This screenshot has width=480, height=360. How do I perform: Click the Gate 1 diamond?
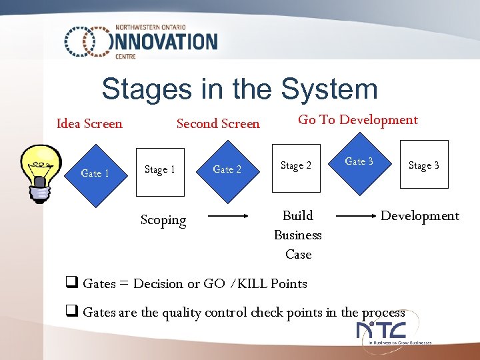[x=95, y=173]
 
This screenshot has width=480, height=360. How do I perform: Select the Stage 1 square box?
[x=160, y=171]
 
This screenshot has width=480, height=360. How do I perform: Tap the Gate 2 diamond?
[x=227, y=169]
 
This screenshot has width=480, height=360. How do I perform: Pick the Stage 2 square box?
[x=296, y=167]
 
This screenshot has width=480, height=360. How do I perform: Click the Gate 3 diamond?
[x=359, y=162]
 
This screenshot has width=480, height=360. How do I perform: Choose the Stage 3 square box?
[x=423, y=165]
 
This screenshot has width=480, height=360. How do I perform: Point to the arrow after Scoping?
[x=228, y=216]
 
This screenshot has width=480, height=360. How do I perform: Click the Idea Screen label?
[x=89, y=123]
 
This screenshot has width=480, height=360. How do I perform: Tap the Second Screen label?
[x=218, y=123]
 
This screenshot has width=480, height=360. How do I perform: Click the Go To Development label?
[x=357, y=120]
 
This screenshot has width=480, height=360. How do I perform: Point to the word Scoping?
[x=163, y=220]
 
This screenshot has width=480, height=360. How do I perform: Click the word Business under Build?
[x=298, y=235]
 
